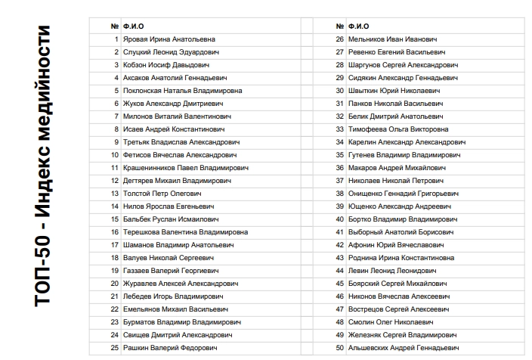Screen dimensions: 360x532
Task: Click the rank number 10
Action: [x=115, y=154]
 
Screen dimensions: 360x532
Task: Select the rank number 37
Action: [x=339, y=180]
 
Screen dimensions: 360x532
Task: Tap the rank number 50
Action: [x=339, y=347]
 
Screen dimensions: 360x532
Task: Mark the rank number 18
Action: [x=115, y=257]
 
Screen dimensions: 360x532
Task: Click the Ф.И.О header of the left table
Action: [x=133, y=26]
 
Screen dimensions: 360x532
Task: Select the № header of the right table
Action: [x=340, y=26]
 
